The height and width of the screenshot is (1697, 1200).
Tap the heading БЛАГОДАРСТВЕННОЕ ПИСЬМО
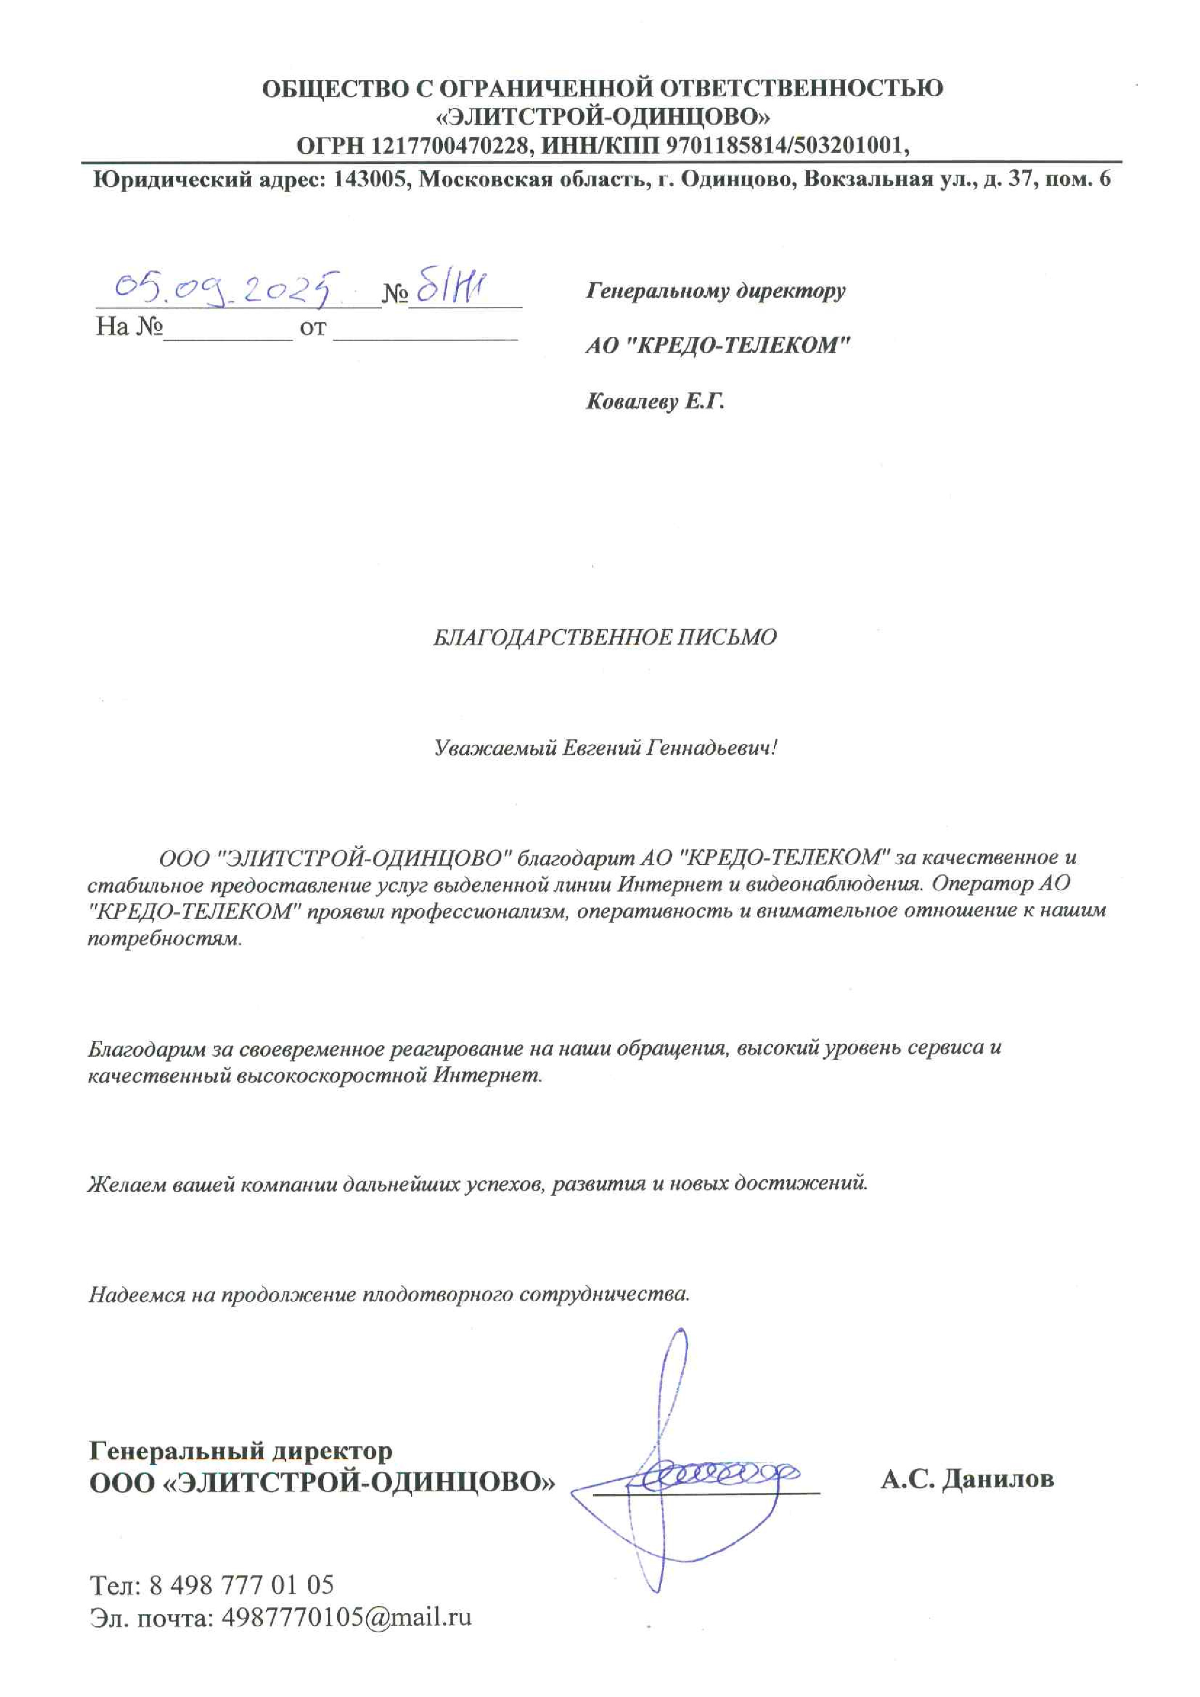tap(604, 638)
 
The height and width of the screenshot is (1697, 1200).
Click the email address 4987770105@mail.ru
tap(346, 1617)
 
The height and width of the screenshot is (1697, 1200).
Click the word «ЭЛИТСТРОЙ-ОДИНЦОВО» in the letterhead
tap(603, 117)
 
